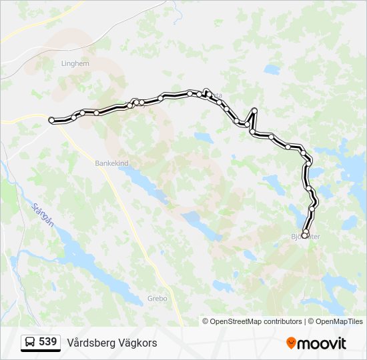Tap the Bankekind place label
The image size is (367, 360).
111,162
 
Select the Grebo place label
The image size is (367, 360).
157,298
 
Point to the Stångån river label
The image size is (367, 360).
42,215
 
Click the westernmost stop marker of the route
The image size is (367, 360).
52,120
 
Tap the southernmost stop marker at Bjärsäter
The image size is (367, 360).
305,235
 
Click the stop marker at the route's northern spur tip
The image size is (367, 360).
255,110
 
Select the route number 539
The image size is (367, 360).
47,342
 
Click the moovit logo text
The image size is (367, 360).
322,343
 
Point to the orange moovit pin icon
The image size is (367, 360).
291,343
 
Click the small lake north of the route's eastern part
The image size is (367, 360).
272,69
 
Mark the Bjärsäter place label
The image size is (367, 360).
306,237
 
